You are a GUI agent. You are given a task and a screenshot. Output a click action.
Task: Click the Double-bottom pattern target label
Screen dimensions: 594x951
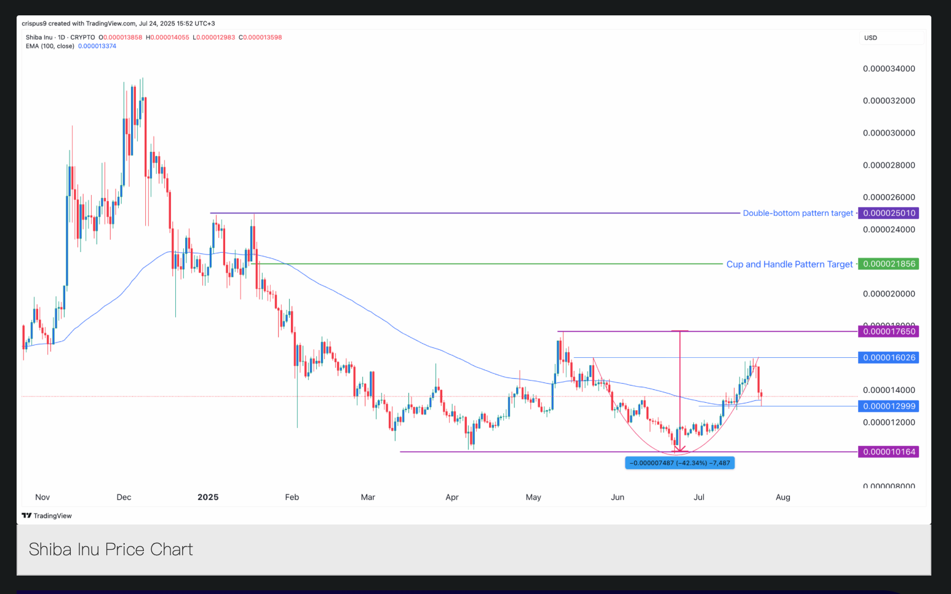(798, 213)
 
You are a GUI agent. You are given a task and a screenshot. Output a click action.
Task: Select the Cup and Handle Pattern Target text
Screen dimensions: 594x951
(789, 264)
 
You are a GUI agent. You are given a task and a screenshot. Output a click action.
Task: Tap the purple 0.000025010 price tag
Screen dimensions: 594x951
(889, 213)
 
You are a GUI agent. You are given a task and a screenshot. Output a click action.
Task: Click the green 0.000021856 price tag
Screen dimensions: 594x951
(889, 264)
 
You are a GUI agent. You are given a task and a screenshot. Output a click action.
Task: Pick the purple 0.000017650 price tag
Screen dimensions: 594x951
(889, 331)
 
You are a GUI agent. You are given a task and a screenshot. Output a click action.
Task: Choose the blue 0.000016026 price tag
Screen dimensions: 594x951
(889, 358)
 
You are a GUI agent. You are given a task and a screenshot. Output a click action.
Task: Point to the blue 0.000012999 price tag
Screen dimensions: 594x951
(889, 406)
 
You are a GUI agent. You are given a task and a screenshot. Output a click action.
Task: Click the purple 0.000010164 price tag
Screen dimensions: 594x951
(889, 452)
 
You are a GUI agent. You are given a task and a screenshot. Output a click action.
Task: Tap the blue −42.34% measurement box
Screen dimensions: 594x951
(680, 463)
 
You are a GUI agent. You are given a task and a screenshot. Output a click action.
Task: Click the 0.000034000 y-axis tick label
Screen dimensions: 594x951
(889, 69)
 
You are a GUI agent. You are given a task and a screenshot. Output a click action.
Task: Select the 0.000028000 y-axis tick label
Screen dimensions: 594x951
(889, 165)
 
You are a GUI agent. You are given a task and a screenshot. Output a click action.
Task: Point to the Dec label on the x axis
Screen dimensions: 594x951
(124, 497)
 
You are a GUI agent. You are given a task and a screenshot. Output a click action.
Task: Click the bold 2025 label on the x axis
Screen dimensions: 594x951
(208, 497)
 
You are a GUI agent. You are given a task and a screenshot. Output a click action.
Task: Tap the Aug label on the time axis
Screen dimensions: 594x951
(782, 497)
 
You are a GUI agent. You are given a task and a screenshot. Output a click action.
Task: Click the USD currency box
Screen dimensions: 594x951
(871, 38)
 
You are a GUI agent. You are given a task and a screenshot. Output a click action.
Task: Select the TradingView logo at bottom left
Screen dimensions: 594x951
(47, 516)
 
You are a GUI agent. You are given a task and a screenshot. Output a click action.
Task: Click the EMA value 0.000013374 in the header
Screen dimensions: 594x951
(97, 46)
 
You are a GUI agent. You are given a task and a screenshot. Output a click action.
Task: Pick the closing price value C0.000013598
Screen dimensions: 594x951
(260, 38)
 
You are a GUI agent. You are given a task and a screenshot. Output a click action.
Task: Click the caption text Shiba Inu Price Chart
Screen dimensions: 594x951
(111, 549)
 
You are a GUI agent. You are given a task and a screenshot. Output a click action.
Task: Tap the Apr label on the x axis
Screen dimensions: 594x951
(452, 497)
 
